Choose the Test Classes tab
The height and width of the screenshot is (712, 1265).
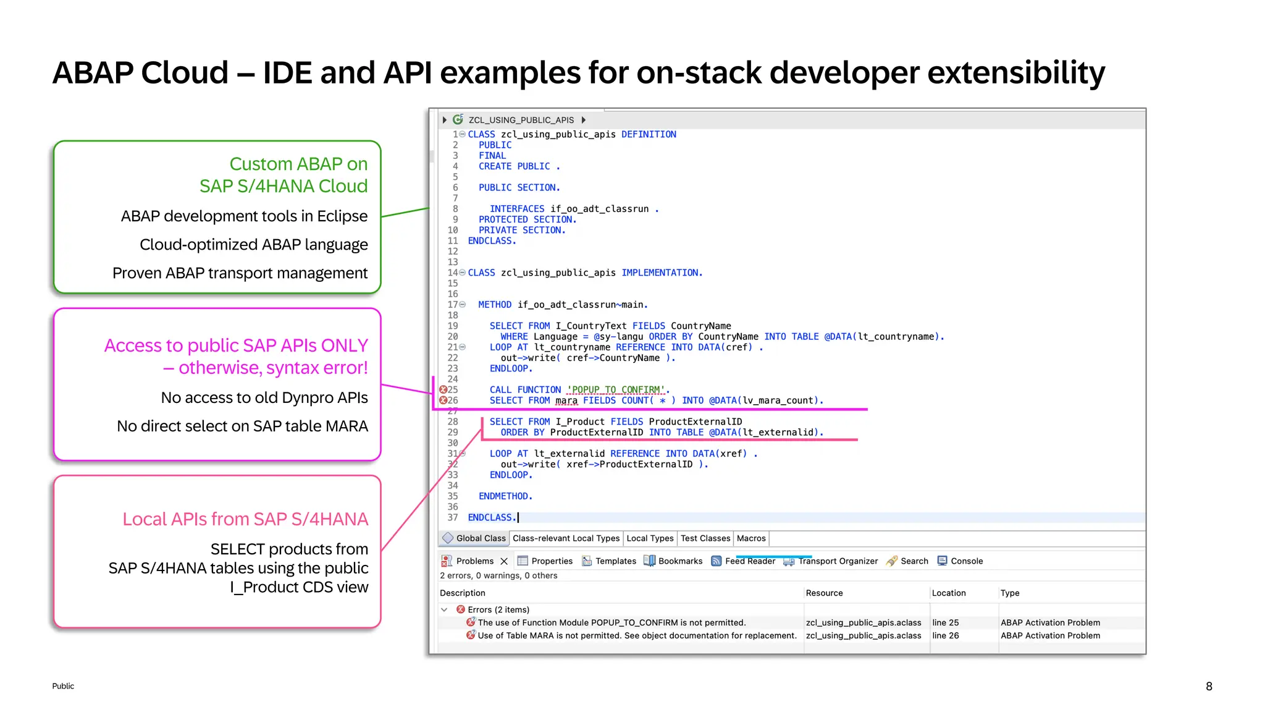(x=705, y=538)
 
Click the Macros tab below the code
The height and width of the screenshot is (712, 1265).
(x=751, y=538)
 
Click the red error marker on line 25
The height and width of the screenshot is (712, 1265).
(x=443, y=389)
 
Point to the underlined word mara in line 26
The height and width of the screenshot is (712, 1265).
(x=566, y=400)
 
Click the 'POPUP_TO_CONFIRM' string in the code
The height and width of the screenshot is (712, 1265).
(x=616, y=390)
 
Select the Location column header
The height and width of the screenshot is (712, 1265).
(x=949, y=593)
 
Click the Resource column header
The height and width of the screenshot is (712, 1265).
(x=824, y=593)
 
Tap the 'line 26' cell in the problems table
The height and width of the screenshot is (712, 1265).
(x=946, y=635)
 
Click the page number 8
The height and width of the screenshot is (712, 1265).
(x=1209, y=686)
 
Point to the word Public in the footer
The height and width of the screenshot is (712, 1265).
(x=63, y=686)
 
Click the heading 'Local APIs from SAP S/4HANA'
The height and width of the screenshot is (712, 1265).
(x=245, y=519)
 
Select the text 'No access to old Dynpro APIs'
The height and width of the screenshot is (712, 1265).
(x=264, y=397)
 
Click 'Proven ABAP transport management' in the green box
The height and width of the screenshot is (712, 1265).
(x=240, y=273)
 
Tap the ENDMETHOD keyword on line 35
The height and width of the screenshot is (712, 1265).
(x=505, y=496)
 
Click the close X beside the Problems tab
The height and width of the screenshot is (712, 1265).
(x=504, y=561)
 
